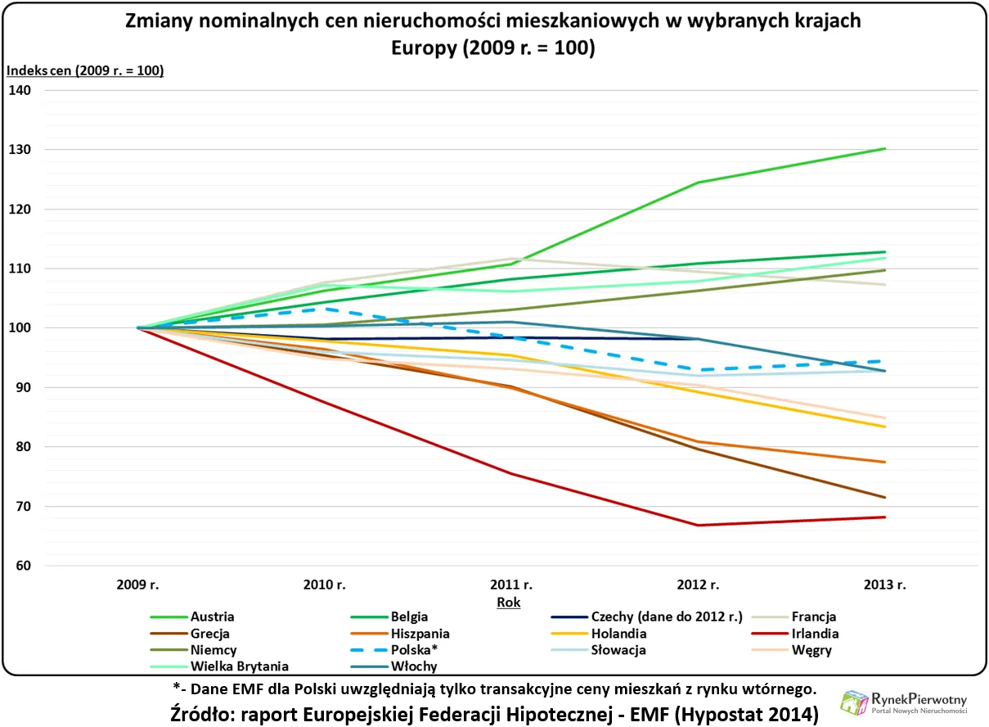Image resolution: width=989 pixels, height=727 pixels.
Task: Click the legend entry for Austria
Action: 211,616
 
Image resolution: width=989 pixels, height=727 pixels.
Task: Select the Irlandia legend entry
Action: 813,633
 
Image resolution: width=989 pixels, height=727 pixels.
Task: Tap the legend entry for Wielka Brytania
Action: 240,666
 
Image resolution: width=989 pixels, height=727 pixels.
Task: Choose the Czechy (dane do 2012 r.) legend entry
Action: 666,616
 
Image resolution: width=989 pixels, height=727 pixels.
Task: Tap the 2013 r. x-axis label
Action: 884,585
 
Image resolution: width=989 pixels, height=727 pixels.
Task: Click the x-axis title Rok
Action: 509,602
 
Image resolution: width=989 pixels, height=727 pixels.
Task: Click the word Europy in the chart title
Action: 423,47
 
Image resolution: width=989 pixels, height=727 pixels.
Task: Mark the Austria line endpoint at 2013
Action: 885,148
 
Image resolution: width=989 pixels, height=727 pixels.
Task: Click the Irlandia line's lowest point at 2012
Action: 698,525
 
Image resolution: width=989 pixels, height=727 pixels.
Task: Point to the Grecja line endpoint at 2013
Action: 885,497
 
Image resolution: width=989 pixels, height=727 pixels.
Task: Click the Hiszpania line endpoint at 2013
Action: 885,462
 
